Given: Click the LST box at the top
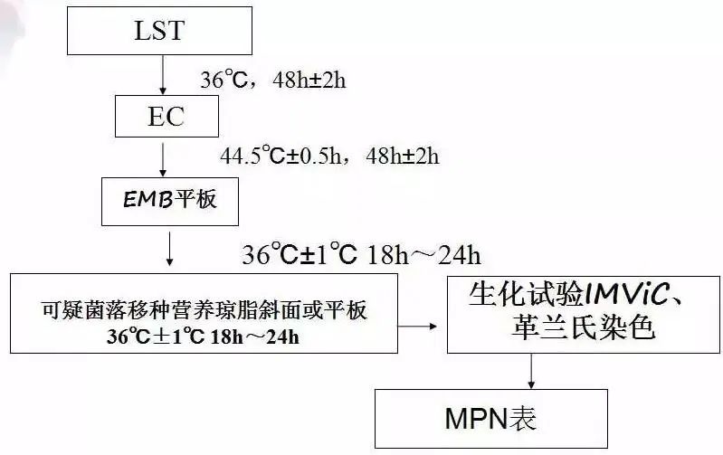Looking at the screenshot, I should [x=161, y=32].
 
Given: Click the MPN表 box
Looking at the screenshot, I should [x=491, y=417].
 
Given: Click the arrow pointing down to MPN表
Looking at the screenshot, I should [x=532, y=370].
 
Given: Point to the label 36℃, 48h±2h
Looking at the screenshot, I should [x=272, y=81].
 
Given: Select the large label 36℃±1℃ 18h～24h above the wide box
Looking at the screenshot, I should [x=359, y=255].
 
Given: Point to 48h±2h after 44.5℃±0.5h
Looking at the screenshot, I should [x=402, y=156].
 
